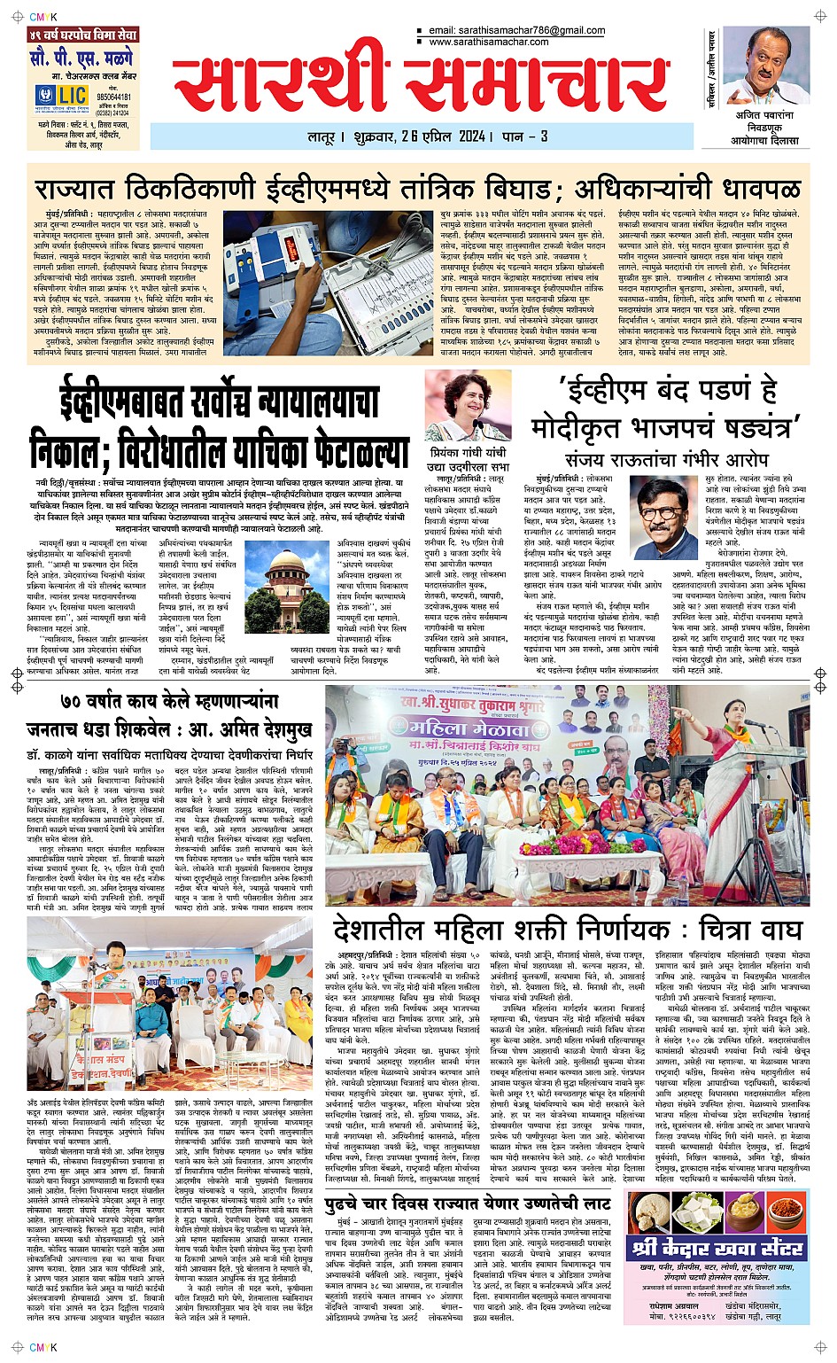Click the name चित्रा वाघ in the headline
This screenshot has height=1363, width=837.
pyautogui.click(x=749, y=930)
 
